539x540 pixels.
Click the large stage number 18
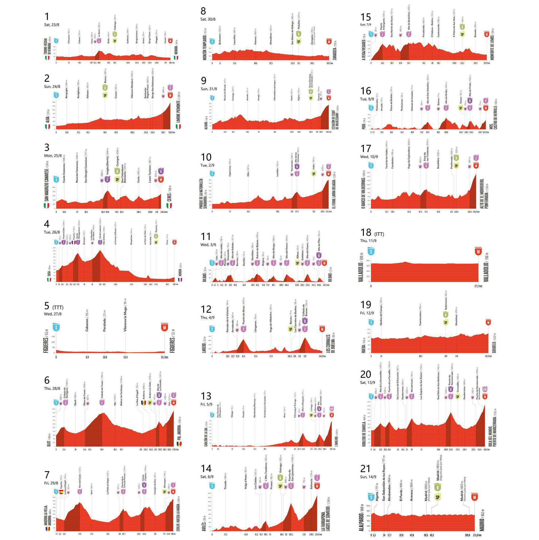(366, 233)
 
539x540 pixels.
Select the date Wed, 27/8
(52, 314)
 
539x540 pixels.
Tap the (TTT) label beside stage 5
(58, 307)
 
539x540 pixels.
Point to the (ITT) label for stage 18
(379, 234)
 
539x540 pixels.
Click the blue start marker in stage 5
(56, 326)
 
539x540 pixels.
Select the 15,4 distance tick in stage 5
(125, 357)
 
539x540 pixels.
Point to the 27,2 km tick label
(478, 286)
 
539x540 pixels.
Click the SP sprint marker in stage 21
(437, 497)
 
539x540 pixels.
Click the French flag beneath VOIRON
(180, 279)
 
